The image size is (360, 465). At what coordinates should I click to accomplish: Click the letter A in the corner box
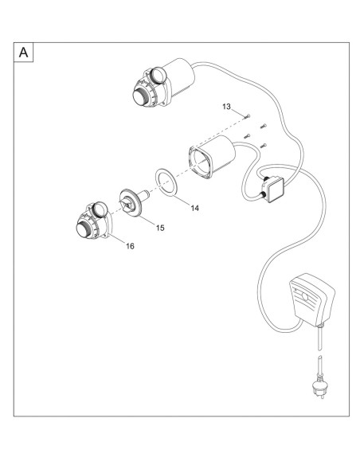(23, 53)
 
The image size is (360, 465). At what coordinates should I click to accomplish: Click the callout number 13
(226, 107)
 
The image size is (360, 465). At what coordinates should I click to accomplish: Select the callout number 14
(195, 208)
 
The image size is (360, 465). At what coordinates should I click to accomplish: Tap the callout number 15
(160, 228)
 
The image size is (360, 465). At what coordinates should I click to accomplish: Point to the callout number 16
(130, 246)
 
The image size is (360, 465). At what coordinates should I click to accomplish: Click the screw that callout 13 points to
(247, 117)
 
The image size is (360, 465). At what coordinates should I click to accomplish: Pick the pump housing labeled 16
(93, 221)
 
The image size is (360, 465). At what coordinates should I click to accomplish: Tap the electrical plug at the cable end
(319, 385)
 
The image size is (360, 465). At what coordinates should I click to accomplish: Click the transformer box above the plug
(311, 299)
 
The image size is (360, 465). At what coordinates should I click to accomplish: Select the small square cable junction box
(273, 190)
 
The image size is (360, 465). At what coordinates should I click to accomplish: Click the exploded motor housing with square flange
(212, 157)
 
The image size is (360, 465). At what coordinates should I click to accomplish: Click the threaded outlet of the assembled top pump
(139, 96)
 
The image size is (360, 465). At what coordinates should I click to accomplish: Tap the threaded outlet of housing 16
(84, 229)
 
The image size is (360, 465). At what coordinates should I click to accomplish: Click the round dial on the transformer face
(305, 296)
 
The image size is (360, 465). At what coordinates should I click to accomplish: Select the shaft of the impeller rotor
(144, 195)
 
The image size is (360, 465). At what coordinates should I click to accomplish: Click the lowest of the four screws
(263, 146)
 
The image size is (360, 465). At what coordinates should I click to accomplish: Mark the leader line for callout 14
(183, 200)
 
